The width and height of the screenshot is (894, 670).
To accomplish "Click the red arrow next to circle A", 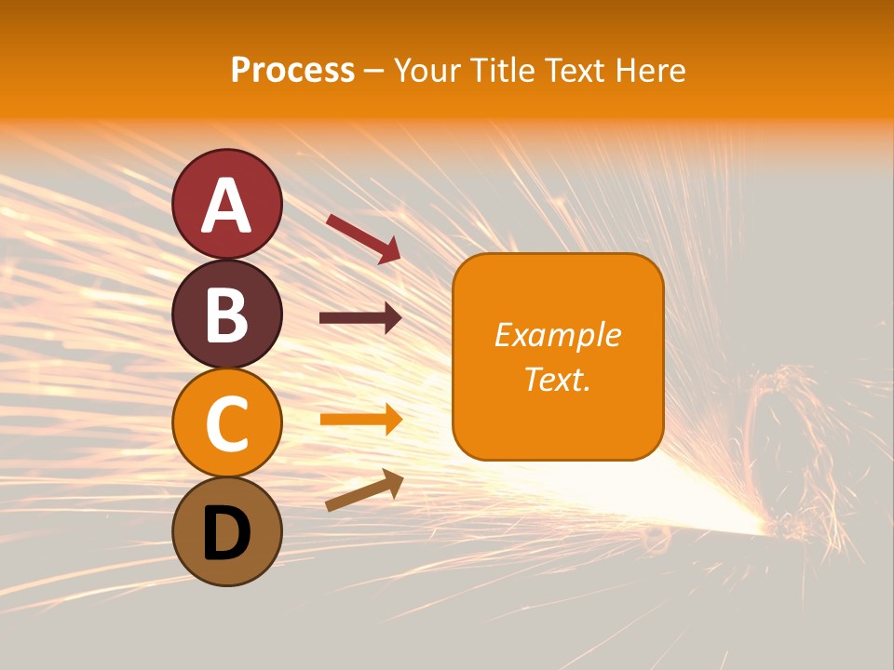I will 363,238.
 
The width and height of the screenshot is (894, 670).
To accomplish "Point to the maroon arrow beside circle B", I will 360,318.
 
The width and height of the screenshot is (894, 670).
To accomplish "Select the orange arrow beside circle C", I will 360,419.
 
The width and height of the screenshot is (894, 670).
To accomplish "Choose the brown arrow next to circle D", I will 364,490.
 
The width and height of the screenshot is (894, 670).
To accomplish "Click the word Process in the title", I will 292,70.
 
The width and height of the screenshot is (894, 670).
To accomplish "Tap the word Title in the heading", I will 501,70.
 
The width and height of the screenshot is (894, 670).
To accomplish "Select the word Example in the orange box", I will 558,335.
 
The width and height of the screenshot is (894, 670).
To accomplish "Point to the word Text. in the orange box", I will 558,379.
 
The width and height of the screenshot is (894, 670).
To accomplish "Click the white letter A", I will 227,207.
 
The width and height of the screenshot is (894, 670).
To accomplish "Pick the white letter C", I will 227,424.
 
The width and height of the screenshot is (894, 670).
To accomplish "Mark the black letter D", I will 227,533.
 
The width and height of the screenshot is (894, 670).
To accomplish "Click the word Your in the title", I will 427,70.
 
